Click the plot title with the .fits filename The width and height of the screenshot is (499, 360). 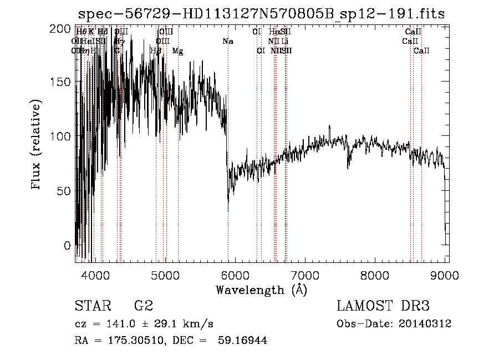(261, 14)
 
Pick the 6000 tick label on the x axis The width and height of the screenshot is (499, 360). (235, 275)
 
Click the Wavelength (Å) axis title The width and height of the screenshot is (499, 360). (261, 290)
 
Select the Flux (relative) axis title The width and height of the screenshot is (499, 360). (37, 145)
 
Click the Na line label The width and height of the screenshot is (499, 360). (228, 41)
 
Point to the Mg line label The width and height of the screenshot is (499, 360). (177, 51)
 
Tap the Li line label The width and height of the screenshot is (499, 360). (285, 41)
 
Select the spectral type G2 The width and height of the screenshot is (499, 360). (144, 307)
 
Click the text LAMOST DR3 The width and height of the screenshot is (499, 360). (383, 307)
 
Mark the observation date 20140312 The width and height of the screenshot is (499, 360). (425, 324)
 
